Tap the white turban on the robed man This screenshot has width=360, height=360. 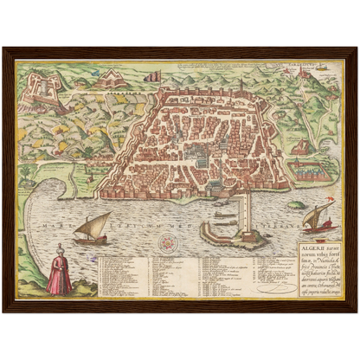click(x=59, y=250)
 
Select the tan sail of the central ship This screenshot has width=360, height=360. click(x=97, y=222)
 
